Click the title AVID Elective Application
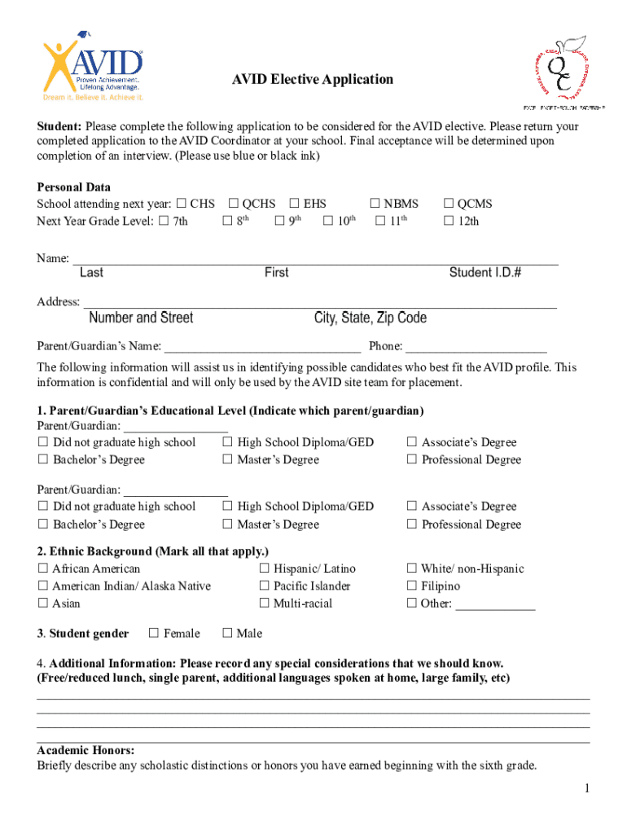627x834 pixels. click(x=313, y=79)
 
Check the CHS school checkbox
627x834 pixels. click(x=181, y=204)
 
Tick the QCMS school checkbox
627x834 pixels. click(x=448, y=204)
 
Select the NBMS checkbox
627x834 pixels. click(x=375, y=204)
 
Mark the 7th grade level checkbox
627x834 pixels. click(x=164, y=222)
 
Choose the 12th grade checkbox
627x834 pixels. click(x=448, y=222)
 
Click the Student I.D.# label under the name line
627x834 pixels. click(x=485, y=273)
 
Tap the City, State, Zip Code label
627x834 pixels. click(x=370, y=318)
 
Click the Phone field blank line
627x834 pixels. click(x=476, y=347)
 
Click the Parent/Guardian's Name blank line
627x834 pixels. click(x=262, y=347)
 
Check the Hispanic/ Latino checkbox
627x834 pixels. click(x=264, y=569)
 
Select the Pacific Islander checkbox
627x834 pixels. click(x=264, y=586)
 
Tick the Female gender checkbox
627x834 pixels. click(x=153, y=633)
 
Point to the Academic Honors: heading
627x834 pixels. click(x=85, y=750)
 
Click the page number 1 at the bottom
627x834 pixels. click(x=585, y=788)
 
